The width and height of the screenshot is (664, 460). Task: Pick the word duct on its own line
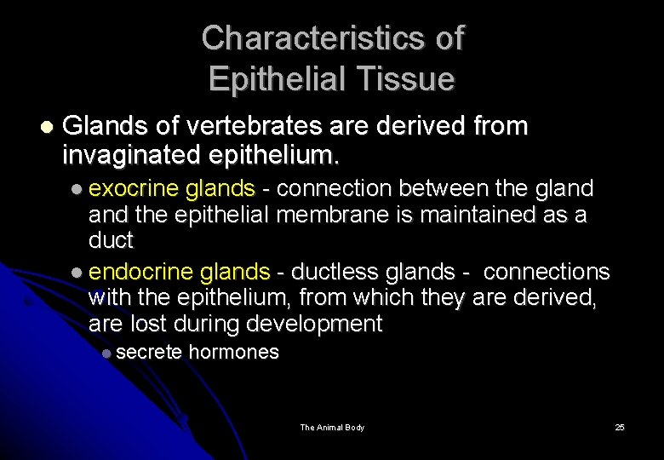pos(111,240)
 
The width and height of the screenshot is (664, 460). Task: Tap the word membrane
pos(333,214)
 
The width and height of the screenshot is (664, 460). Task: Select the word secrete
pos(149,353)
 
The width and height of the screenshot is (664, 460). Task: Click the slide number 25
pos(620,427)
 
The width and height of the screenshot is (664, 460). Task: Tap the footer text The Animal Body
pos(332,427)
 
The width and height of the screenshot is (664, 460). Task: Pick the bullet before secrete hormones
pos(106,354)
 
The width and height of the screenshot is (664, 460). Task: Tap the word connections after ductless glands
pos(546,272)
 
